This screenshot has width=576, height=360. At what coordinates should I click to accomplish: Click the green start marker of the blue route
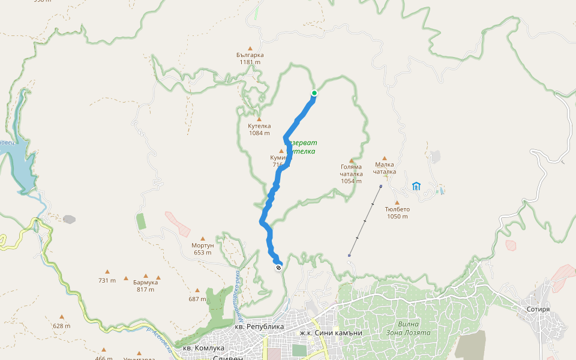click(314, 93)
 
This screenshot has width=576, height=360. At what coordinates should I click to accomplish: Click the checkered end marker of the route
click(278, 268)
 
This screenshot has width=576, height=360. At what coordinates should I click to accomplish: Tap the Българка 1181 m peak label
click(250, 58)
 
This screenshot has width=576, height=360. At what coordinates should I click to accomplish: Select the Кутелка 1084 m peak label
click(259, 130)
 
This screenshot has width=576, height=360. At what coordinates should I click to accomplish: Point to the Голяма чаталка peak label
click(352, 173)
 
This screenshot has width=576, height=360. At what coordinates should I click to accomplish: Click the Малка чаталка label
click(385, 167)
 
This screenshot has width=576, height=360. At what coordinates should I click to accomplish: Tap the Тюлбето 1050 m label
click(397, 212)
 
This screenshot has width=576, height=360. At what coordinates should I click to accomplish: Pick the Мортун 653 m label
click(203, 249)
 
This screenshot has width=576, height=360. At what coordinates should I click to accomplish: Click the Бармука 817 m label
click(145, 286)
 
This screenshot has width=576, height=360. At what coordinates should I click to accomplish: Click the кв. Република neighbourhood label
click(259, 326)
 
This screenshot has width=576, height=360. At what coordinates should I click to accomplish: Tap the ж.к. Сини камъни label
click(331, 332)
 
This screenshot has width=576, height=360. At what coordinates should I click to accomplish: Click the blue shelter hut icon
click(416, 186)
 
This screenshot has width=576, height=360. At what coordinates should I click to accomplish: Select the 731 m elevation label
click(107, 280)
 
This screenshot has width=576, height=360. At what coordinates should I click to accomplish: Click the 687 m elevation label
click(197, 299)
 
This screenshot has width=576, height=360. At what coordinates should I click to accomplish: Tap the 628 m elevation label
click(61, 326)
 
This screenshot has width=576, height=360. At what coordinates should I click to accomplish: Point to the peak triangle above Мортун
click(203, 239)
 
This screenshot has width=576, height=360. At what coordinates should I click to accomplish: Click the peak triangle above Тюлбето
click(397, 203)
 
